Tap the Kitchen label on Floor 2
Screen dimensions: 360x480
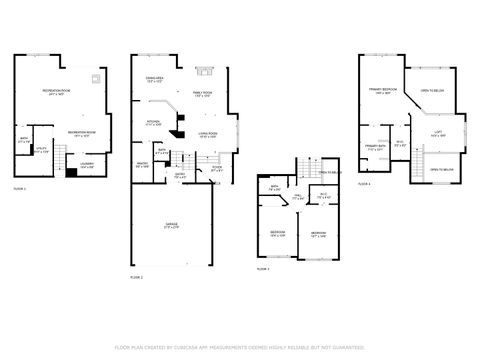(x=155, y=125)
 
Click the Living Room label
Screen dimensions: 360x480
(x=208, y=134)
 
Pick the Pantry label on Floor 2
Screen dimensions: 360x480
(x=142, y=165)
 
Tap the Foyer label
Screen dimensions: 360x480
(x=218, y=170)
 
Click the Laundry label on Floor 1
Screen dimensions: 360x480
(x=86, y=165)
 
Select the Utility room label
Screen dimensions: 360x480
(x=40, y=151)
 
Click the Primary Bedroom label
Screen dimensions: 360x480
(x=380, y=91)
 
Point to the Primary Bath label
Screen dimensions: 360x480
(x=375, y=149)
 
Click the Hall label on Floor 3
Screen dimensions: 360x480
(x=297, y=198)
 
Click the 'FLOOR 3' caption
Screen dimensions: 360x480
(x=263, y=269)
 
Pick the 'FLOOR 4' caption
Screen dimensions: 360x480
(x=364, y=184)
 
